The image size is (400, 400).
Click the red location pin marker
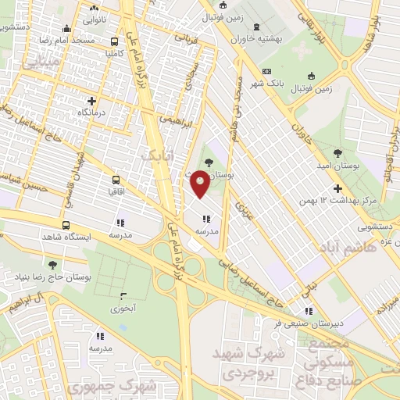200,183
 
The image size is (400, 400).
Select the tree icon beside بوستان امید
338,153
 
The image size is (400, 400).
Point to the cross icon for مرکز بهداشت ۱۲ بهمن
337,188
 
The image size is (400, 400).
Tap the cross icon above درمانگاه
92,100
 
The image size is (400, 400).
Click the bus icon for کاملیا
115,42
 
